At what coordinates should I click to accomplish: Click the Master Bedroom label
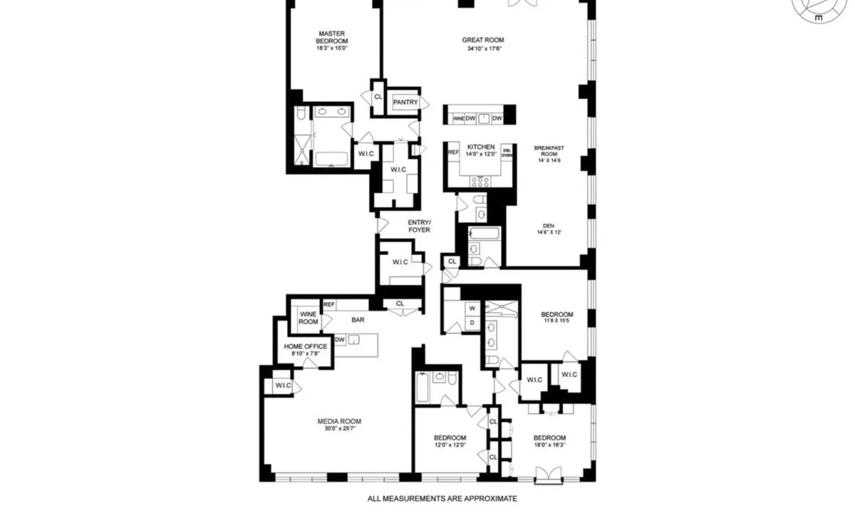(333, 37)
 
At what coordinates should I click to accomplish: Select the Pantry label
(405, 103)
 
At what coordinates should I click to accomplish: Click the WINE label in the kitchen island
(458, 118)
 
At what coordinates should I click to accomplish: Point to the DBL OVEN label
(507, 152)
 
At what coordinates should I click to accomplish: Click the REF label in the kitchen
(453, 152)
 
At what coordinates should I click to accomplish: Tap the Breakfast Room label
(549, 151)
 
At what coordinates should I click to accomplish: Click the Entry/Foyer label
(420, 226)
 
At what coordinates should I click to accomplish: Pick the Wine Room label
(309, 318)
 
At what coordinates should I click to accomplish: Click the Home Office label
(306, 347)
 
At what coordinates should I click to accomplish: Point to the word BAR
(358, 320)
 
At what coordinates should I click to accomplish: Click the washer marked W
(471, 309)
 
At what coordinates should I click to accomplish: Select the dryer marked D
(471, 322)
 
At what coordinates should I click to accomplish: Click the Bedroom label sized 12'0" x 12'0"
(450, 438)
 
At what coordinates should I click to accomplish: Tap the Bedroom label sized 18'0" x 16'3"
(549, 438)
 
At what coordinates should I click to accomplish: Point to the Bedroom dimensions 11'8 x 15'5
(556, 323)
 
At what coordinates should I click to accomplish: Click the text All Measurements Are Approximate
(442, 499)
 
